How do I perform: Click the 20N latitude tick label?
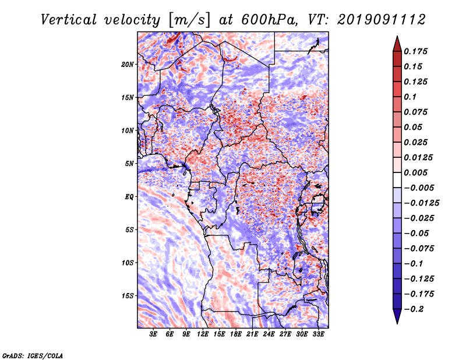128,64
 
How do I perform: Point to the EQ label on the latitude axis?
129,196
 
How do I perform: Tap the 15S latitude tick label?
128,295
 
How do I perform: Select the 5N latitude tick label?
129,163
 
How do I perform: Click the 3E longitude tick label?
154,335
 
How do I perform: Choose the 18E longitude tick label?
236,335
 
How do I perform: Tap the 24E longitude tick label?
269,335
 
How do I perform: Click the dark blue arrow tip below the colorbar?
396,319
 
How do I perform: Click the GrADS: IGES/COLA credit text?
32,355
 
